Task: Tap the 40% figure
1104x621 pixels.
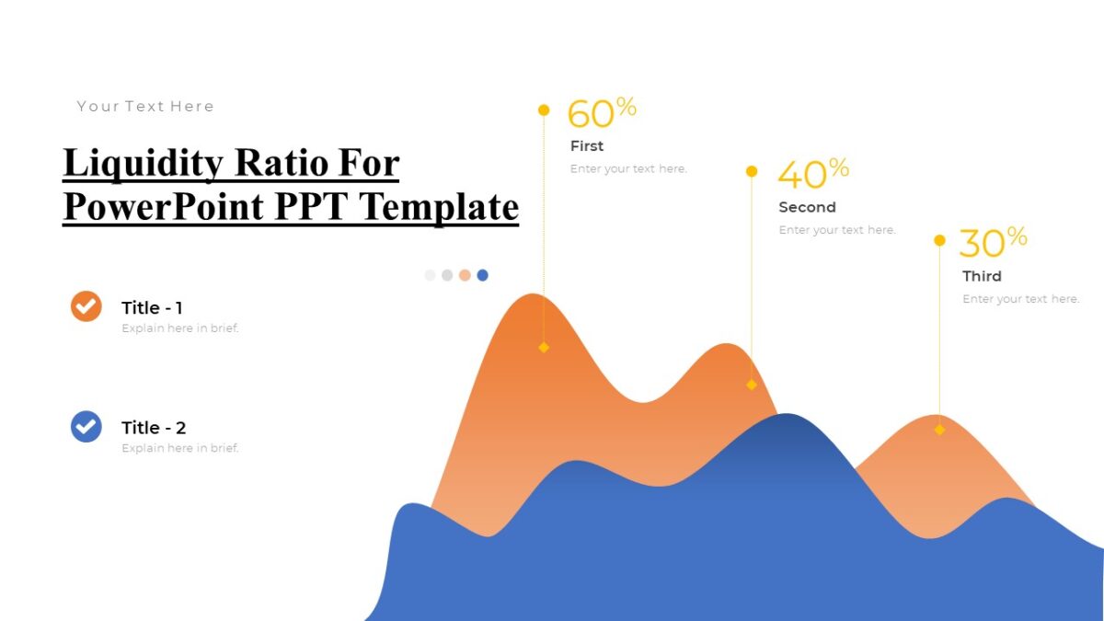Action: (812, 173)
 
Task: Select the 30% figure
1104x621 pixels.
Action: (993, 242)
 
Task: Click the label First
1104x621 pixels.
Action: (587, 146)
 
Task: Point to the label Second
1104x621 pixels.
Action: (807, 208)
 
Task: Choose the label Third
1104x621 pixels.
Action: (982, 276)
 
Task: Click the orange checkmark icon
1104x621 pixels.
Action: (86, 306)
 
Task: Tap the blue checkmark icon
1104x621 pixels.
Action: (86, 426)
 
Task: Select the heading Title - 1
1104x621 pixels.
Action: (152, 308)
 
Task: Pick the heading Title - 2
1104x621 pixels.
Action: (154, 428)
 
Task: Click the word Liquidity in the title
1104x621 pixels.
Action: (143, 164)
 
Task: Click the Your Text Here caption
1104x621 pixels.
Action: (145, 107)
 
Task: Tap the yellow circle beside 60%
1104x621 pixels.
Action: (544, 110)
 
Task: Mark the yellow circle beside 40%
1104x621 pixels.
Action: (752, 171)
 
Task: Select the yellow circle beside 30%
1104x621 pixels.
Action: (939, 240)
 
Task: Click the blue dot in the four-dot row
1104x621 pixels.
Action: (483, 275)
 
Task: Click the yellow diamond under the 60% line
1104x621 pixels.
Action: (544, 348)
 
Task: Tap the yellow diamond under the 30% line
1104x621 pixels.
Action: (939, 430)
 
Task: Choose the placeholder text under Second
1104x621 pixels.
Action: (836, 230)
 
